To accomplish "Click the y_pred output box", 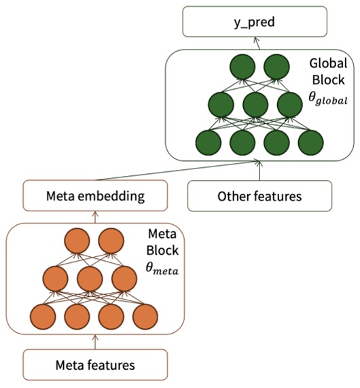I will pos(258,25).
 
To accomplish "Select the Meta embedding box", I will pos(95,196).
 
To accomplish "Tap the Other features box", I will pos(259,196).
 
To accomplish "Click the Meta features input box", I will pos(95,365).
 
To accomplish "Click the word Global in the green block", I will pos(328,63).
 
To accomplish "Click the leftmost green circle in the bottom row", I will pos(208,143).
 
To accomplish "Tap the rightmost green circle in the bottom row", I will pos(310,143).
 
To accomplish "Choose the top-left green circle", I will pos(242,67).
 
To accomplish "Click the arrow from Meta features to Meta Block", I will pos(95,340).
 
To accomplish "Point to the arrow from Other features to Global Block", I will pos(259,171).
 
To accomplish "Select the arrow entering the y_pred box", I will pos(258,43).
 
